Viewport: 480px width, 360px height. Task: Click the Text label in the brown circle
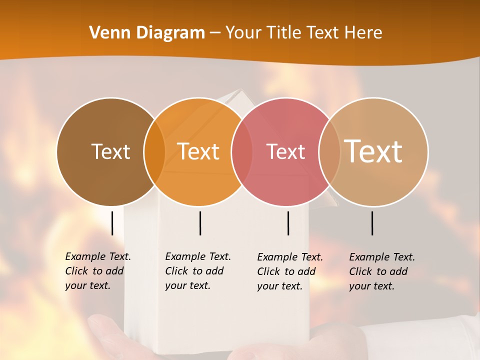tap(110, 151)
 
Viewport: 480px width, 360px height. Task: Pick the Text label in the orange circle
tap(198, 151)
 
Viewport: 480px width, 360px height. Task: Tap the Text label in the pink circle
tap(285, 151)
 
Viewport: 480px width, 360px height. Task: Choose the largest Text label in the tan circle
tap(373, 151)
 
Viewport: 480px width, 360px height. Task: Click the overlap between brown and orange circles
tap(154, 151)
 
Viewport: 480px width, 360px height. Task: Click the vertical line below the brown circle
tap(112, 223)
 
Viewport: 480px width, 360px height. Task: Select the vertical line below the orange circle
tap(200, 223)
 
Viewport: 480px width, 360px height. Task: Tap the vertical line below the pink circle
tap(288, 223)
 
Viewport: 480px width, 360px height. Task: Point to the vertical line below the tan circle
tap(372, 223)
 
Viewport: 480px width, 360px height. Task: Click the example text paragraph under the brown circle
tap(97, 271)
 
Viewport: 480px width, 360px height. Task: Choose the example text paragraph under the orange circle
tap(197, 271)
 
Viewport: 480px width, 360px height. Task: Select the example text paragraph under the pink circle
tap(289, 271)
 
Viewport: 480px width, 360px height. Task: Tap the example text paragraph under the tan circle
tap(381, 271)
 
